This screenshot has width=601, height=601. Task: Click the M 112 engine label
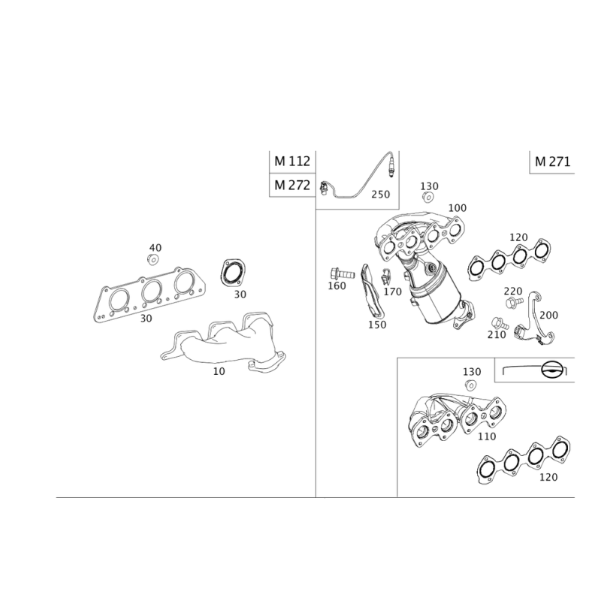[292, 162]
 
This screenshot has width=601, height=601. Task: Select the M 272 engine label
[292, 186]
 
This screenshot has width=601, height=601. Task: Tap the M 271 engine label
[552, 162]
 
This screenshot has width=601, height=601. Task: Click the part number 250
[380, 195]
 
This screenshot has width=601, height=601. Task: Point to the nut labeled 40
[153, 259]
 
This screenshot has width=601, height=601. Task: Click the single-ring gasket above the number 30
[233, 273]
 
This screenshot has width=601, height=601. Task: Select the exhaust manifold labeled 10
[224, 341]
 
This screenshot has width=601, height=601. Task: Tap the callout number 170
[392, 292]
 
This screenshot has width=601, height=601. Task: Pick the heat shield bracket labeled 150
[373, 291]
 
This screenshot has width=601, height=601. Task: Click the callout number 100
[458, 208]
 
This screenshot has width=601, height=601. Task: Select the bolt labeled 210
[500, 323]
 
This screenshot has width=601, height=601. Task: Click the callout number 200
[549, 316]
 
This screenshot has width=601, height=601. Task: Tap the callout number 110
[487, 436]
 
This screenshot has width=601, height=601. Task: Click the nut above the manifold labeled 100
[427, 198]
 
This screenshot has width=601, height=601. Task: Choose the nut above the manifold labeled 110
[470, 385]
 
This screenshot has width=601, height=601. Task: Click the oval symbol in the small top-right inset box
[554, 370]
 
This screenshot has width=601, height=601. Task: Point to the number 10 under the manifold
[219, 371]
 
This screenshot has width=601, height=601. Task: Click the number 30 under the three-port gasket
[146, 319]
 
